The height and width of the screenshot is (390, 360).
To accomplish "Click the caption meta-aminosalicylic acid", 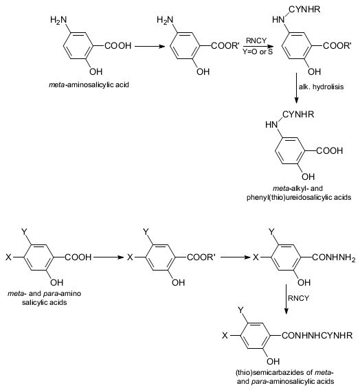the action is click(x=89, y=85).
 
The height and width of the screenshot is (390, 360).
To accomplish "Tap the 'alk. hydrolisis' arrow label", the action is click(x=321, y=87).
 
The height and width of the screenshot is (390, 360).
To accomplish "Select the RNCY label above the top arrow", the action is click(x=256, y=41).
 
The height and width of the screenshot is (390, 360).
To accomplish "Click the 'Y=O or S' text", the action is click(x=258, y=51).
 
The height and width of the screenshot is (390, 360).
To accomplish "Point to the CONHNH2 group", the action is click(x=334, y=257).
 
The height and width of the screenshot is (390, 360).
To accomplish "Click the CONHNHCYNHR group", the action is click(x=317, y=336).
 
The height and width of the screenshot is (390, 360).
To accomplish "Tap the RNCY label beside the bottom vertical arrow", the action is click(x=298, y=298).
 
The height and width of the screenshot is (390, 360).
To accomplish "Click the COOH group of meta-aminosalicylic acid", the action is click(x=117, y=46).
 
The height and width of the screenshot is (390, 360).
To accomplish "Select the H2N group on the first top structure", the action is click(x=58, y=20).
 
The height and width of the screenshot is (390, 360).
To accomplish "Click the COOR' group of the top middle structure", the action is click(x=225, y=46).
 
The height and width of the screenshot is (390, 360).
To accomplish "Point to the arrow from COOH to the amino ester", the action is click(x=150, y=46).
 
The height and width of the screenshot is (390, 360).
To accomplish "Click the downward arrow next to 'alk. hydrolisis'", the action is click(x=296, y=88).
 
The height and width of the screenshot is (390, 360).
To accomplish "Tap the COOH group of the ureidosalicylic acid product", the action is click(x=329, y=151).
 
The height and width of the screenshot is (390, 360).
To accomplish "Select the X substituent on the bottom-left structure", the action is click(x=8, y=257).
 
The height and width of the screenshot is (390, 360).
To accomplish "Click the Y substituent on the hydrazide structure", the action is click(x=271, y=232).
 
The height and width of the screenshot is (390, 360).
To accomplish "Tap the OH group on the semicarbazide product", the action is click(x=273, y=361).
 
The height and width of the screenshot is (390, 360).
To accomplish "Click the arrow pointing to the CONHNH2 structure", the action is click(x=236, y=257).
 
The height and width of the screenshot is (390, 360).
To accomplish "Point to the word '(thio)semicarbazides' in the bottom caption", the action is click(x=271, y=373).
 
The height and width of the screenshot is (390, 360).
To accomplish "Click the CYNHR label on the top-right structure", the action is click(x=304, y=10).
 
